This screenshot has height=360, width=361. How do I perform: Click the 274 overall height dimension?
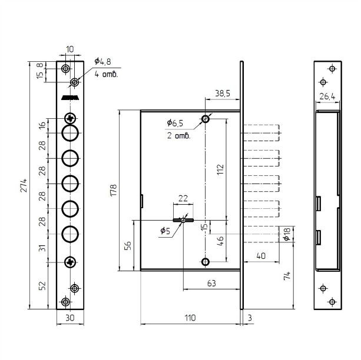coord(24,185)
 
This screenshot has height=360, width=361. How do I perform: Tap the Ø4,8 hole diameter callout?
coord(102,61)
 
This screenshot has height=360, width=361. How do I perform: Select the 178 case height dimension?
coord(114,190)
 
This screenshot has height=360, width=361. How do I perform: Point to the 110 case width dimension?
coord(190,318)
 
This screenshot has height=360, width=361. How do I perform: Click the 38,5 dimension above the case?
coord(223,94)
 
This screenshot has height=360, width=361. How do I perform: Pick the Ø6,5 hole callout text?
coord(175,123)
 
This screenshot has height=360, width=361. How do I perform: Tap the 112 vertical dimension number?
coord(220,169)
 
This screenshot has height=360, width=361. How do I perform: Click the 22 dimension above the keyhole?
coord(183,198)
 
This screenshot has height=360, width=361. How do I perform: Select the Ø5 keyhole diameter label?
coord(165,231)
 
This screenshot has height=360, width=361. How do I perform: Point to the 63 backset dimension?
coord(211,283)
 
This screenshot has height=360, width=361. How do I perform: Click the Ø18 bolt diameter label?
coord(287,234)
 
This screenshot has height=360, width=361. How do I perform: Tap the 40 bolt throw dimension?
coord(261,255)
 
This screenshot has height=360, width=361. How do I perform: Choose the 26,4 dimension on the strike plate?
coord(327,96)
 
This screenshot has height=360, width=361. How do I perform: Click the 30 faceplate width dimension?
coord(70,318)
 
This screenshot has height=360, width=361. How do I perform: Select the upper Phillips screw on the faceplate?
coord(70,119)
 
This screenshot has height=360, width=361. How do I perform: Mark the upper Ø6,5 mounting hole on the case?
coord(206,119)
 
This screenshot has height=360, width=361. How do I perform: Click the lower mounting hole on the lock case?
coord(206,262)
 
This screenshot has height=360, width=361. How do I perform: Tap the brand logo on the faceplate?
coord(70,98)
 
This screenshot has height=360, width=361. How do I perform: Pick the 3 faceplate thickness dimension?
coord(250,318)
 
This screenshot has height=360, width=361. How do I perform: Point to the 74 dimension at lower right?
coord(287,275)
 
